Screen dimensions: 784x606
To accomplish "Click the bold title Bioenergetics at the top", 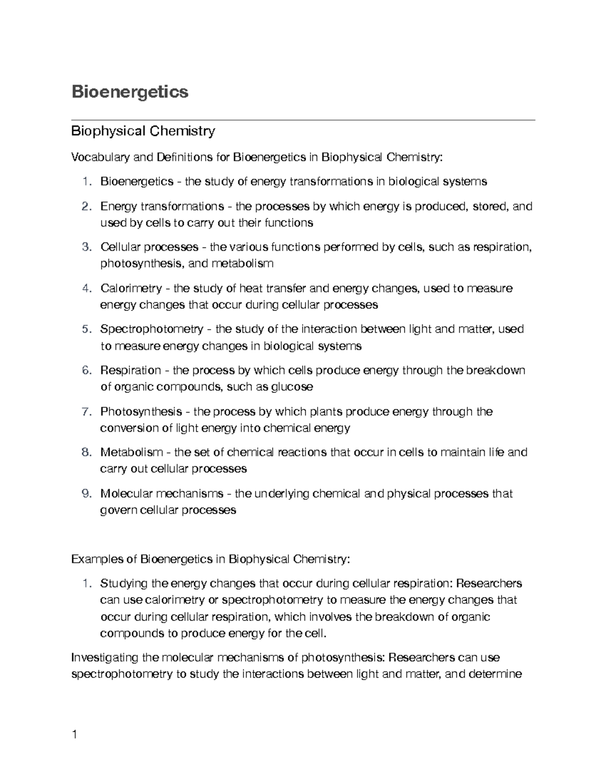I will (130, 92).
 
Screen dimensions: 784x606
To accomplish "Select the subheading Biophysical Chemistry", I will (143, 131).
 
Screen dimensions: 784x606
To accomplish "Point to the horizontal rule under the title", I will (303, 120).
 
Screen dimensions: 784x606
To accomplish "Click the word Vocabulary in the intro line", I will (100, 158).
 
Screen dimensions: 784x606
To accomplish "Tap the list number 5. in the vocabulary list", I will (87, 330).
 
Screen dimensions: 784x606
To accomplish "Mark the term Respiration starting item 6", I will (130, 371).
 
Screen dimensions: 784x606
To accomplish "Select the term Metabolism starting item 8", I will (131, 452).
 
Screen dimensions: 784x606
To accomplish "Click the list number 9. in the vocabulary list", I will (87, 494).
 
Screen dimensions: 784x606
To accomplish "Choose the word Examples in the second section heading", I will (97, 559).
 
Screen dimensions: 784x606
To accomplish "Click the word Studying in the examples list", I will (121, 584).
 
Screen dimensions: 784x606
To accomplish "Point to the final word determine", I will (496, 674).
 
